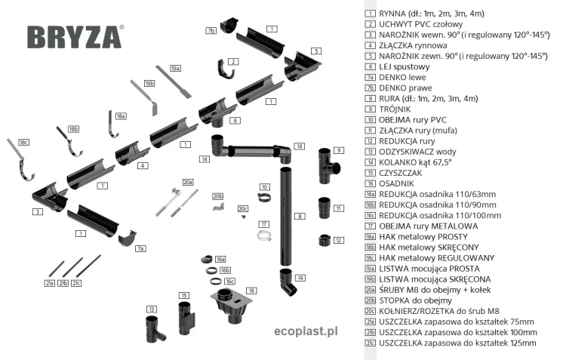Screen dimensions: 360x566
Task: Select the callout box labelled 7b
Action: [211, 30]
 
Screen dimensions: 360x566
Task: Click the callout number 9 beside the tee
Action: [340, 150]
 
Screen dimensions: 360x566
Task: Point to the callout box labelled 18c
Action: [23, 142]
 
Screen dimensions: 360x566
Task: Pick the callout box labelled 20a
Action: [189, 182]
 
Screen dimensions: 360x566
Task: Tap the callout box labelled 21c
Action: [76, 283]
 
